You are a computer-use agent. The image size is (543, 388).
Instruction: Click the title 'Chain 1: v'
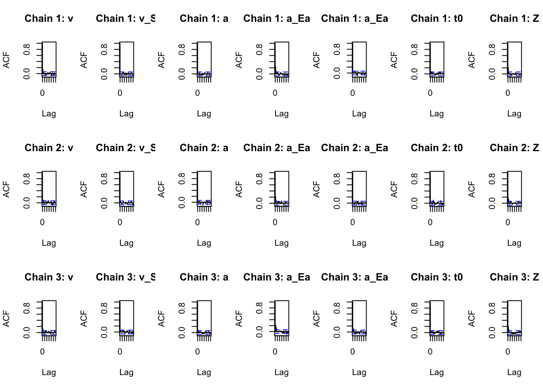click(x=49, y=19)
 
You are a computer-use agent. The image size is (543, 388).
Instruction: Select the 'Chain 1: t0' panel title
click(x=437, y=19)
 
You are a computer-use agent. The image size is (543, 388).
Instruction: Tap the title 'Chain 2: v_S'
click(x=126, y=148)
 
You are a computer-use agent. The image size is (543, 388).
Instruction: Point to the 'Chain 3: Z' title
click(x=514, y=277)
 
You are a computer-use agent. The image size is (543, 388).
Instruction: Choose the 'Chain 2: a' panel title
click(x=204, y=148)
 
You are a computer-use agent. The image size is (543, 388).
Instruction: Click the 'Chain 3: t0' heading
click(x=437, y=277)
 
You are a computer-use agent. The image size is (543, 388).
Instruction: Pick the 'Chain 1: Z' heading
click(x=514, y=19)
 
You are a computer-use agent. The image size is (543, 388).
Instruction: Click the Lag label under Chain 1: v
click(x=49, y=114)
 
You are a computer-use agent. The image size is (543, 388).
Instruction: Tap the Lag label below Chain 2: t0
click(x=437, y=243)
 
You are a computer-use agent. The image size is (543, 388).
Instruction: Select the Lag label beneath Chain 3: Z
click(x=514, y=372)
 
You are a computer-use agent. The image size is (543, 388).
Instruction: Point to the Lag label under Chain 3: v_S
click(x=126, y=372)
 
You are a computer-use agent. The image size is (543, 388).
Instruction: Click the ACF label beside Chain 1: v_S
click(x=84, y=60)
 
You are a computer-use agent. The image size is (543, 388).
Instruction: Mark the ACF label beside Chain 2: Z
click(x=471, y=189)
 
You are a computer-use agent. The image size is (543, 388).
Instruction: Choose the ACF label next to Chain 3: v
click(x=6, y=318)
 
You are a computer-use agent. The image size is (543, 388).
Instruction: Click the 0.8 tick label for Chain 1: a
click(x=182, y=49)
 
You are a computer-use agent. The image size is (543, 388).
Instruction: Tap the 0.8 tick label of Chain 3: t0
click(x=415, y=308)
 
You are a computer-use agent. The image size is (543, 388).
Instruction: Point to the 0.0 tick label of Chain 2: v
click(x=27, y=203)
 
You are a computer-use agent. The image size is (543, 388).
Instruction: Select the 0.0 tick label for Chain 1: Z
click(x=492, y=74)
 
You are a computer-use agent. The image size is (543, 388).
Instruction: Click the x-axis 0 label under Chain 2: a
click(x=198, y=222)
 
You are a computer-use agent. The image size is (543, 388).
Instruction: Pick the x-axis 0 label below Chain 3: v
click(x=42, y=352)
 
